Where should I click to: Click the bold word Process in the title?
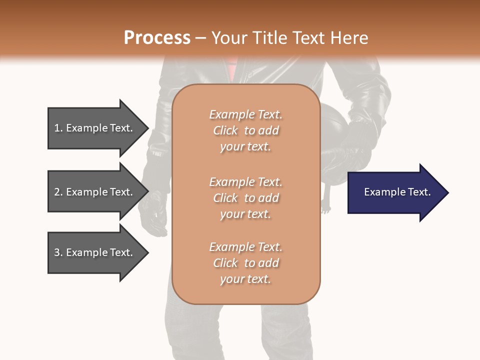coord(157,38)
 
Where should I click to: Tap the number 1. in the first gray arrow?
coord(58,128)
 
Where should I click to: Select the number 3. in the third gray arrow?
coord(58,253)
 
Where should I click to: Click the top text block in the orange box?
coord(245,130)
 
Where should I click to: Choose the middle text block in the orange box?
coord(245,198)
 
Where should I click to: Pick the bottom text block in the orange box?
coord(245,263)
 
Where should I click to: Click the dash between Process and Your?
coord(200,38)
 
